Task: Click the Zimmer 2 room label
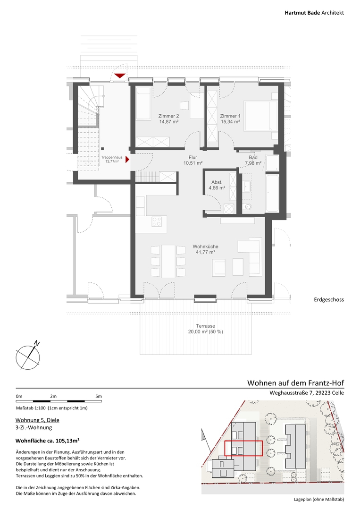(168, 116)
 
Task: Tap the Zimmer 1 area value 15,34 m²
(230, 122)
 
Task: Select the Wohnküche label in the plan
(205, 246)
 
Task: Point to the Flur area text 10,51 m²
(193, 163)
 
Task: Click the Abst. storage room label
(217, 182)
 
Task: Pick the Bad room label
(253, 157)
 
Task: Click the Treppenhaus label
(112, 157)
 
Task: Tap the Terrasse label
(205, 326)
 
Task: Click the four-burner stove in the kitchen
(157, 221)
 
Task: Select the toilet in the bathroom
(247, 206)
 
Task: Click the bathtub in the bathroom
(272, 194)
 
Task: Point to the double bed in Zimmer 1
(260, 116)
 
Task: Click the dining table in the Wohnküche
(168, 261)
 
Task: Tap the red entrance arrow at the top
(120, 76)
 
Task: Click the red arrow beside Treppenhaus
(128, 160)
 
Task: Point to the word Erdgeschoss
(329, 299)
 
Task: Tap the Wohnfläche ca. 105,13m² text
(48, 441)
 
